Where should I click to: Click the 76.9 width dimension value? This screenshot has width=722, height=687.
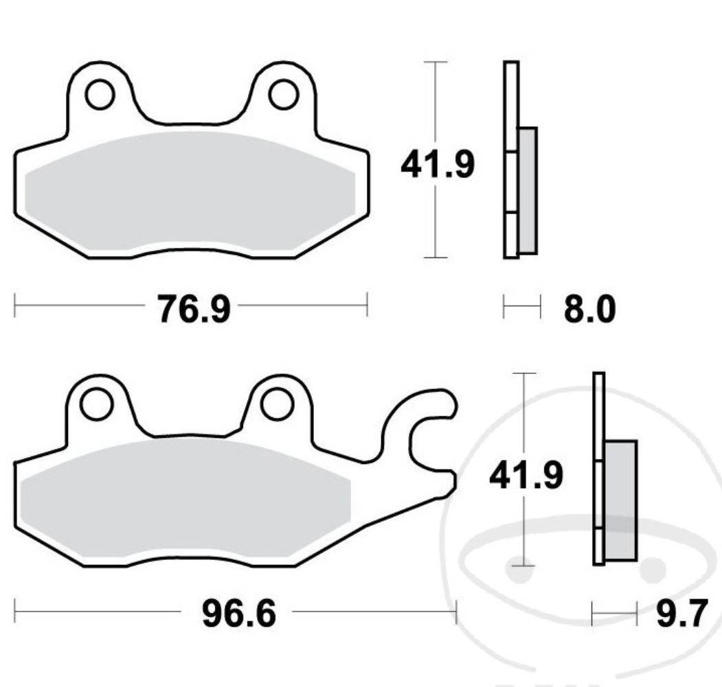pos(193,309)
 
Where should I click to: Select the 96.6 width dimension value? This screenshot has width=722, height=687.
pos(238,613)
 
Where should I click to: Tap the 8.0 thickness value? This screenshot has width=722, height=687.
pos(589,309)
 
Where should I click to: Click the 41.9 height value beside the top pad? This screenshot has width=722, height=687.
pos(438,165)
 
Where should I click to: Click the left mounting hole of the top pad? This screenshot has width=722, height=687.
pos(100,95)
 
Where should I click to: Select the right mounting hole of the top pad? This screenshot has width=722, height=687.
pos(283,95)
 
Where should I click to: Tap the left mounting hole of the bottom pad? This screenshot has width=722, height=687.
pos(95,404)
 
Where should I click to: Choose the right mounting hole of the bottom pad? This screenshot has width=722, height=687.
pos(278,404)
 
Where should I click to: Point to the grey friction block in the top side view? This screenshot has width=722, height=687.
pos(528,190)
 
